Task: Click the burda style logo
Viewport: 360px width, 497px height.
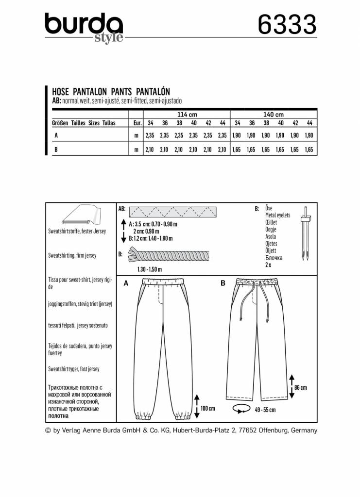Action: pyautogui.click(x=84, y=27)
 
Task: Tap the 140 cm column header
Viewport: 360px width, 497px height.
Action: pyautogui.click(x=273, y=114)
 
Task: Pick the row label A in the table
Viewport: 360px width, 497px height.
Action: pyautogui.click(x=57, y=136)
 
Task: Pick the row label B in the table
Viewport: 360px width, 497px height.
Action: pyautogui.click(x=57, y=150)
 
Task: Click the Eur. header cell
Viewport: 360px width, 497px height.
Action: pyautogui.click(x=137, y=123)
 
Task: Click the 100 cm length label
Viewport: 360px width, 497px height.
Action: pyautogui.click(x=207, y=409)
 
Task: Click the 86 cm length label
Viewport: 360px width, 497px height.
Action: pyautogui.click(x=300, y=388)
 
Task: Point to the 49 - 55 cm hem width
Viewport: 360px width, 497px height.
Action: pyautogui.click(x=265, y=410)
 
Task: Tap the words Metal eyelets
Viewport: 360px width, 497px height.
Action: pyautogui.click(x=277, y=215)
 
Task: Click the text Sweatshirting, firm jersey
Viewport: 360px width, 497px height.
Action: pyautogui.click(x=72, y=255)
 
